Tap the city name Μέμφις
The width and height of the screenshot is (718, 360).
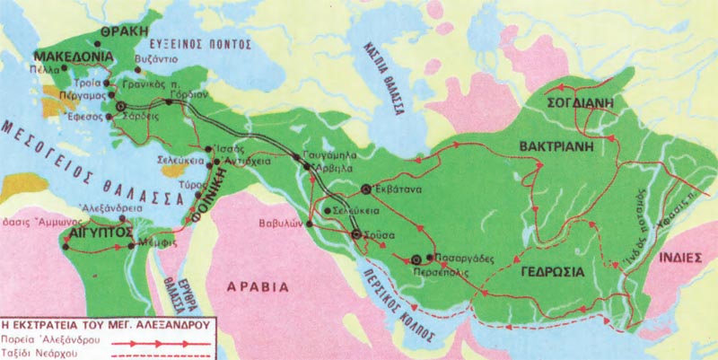154,244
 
